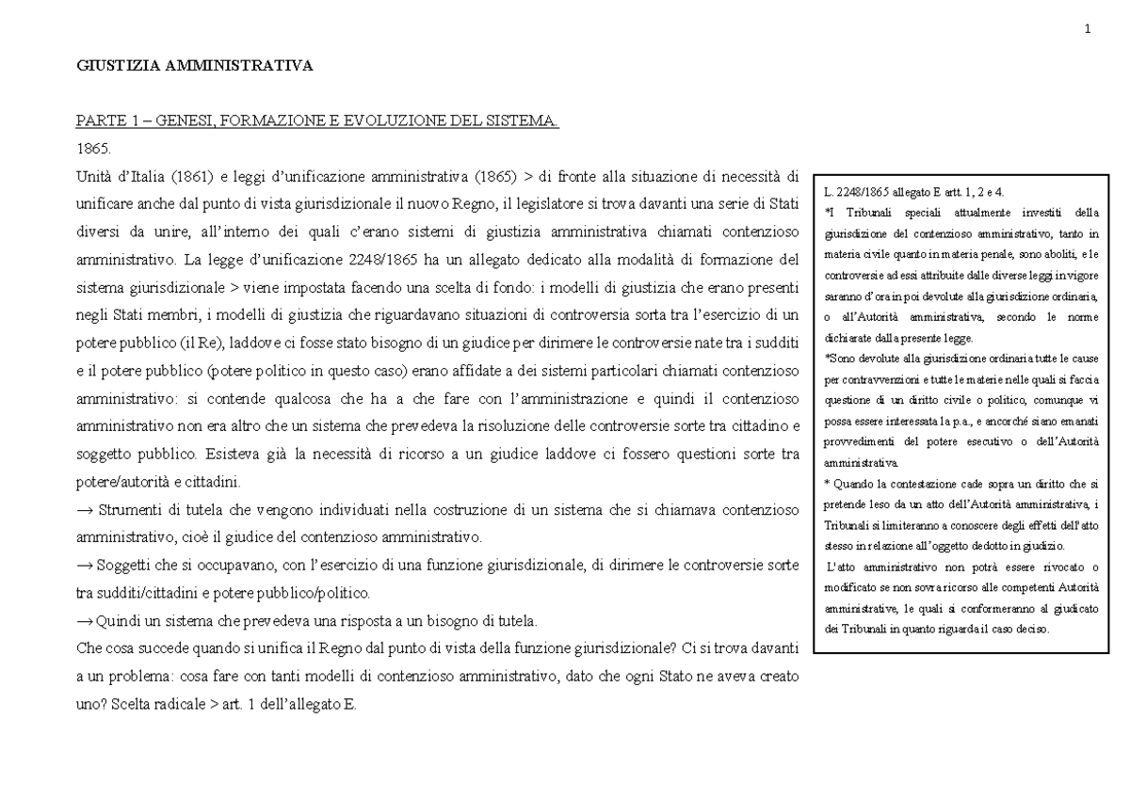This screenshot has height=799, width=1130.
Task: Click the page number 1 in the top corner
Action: [1088, 27]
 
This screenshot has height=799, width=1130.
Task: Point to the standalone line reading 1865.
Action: [92, 149]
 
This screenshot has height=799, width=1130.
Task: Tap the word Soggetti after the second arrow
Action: [124, 568]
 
